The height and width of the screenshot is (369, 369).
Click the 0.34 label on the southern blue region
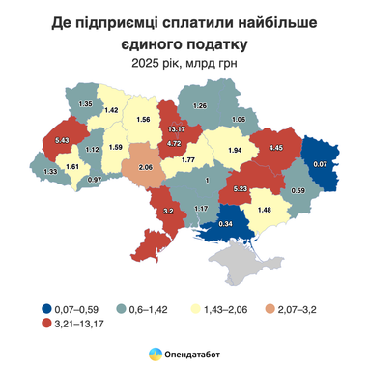[225, 224]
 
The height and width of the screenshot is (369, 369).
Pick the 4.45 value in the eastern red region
[274, 148]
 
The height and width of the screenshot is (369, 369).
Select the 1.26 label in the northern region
[201, 104]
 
